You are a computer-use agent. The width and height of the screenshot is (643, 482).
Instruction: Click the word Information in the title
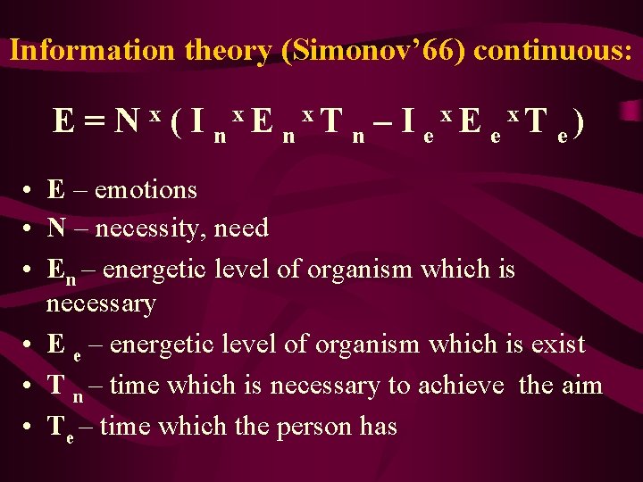pyautogui.click(x=94, y=50)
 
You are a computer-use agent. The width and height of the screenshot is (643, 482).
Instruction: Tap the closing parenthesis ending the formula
pyautogui.click(x=581, y=121)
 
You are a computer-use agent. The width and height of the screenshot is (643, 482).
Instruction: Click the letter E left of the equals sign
pyautogui.click(x=63, y=120)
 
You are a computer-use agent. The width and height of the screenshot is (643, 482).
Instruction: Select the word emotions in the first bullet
pyautogui.click(x=146, y=190)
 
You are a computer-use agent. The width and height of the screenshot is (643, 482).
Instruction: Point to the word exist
pyautogui.click(x=555, y=345)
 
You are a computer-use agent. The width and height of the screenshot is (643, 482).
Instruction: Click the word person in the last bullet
pyautogui.click(x=309, y=427)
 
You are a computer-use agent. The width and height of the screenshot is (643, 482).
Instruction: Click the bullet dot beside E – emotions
pyautogui.click(x=30, y=191)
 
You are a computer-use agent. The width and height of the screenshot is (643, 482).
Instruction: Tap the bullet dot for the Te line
pyautogui.click(x=30, y=428)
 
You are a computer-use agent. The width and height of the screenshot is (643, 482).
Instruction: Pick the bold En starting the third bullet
pyautogui.click(x=60, y=270)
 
